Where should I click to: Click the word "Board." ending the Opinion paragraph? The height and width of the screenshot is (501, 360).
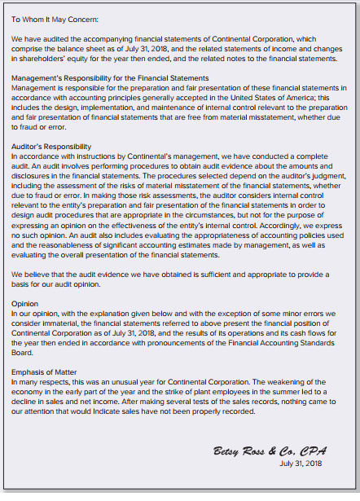pyautogui.click(x=23, y=353)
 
